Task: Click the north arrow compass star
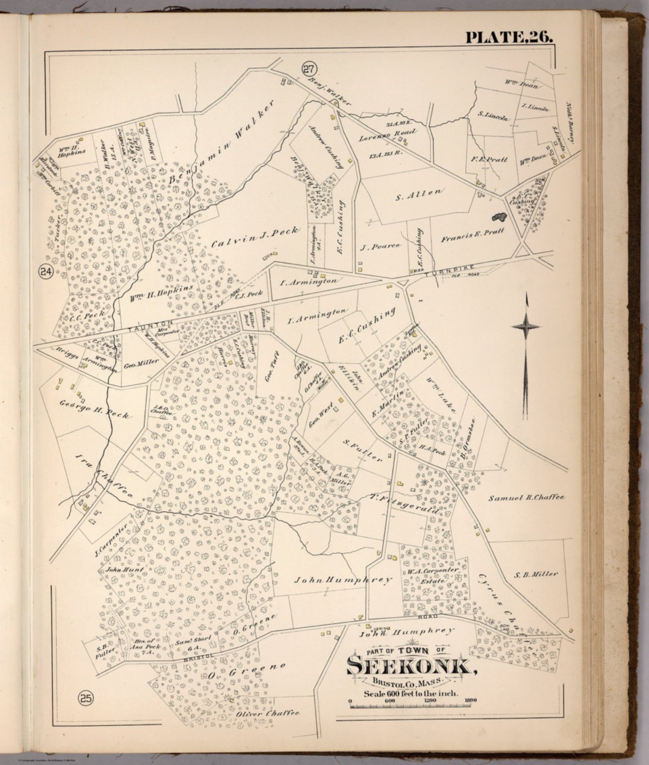pyautogui.click(x=526, y=326)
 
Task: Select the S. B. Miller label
pyautogui.click(x=536, y=574)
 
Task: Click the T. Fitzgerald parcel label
pyautogui.click(x=404, y=504)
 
